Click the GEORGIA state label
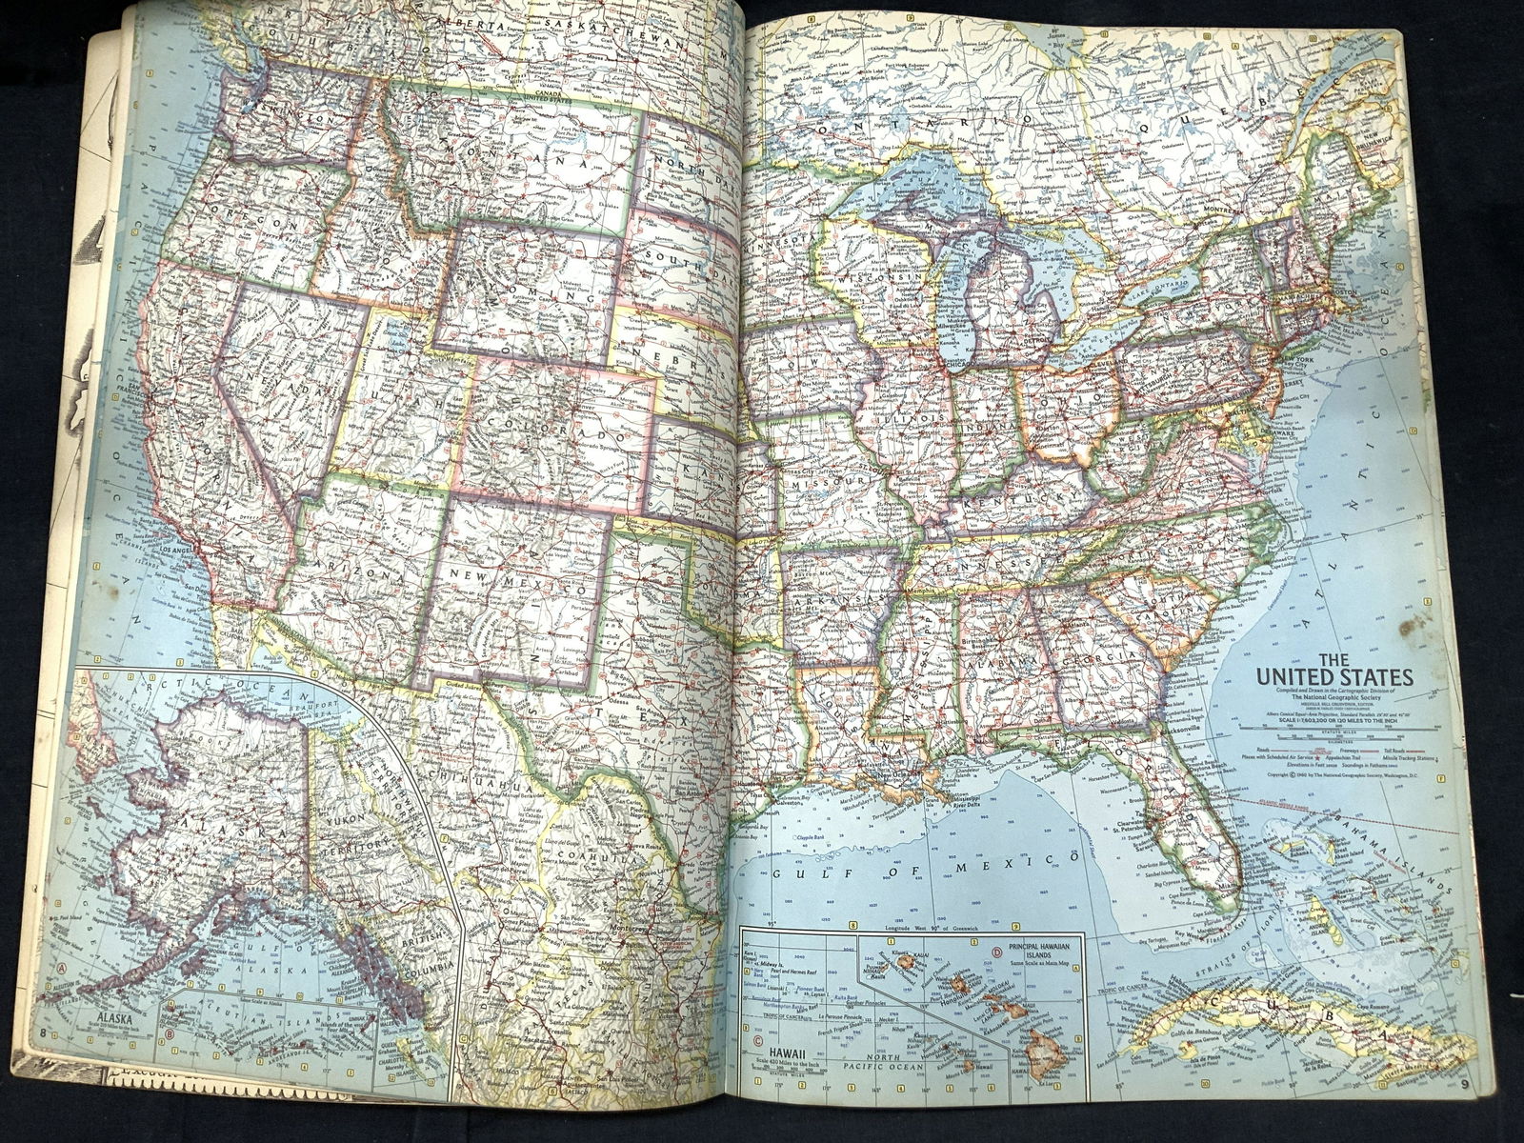click(x=1105, y=658)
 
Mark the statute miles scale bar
click(x=1333, y=734)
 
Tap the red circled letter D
click(x=997, y=951)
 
